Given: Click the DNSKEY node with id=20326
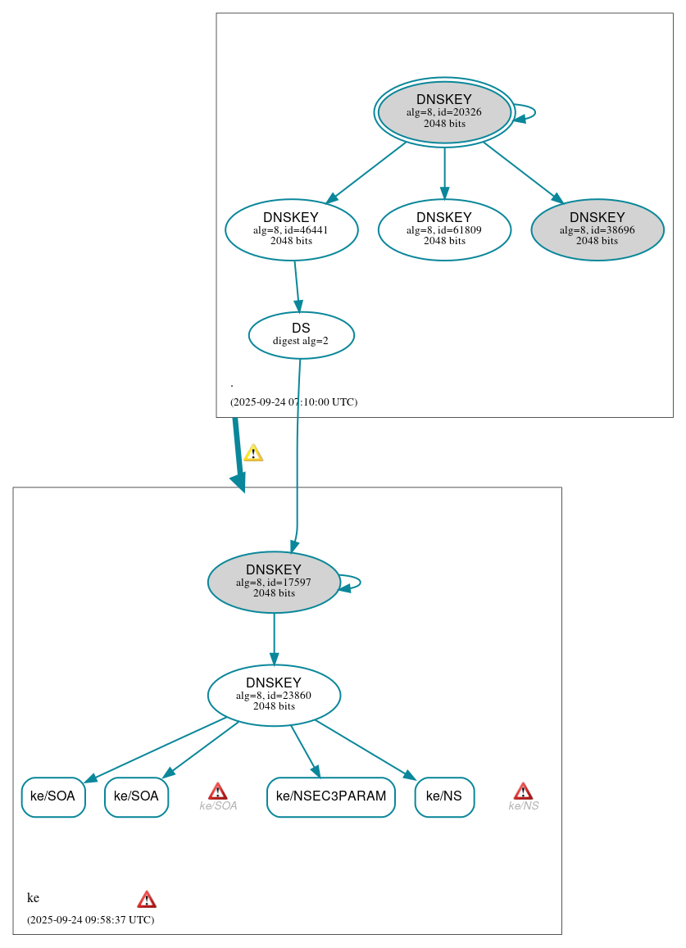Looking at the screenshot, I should click(x=444, y=112).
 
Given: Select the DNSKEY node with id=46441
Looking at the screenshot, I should click(x=291, y=229).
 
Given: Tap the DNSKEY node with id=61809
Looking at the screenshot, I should click(x=444, y=229).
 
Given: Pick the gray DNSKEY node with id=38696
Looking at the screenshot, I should click(x=597, y=229).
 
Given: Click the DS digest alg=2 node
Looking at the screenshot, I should click(x=301, y=334).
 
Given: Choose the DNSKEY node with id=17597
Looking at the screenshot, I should click(x=274, y=582).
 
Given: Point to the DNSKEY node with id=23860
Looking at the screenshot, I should click(x=274, y=695).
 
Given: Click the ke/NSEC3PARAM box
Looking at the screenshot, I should click(x=331, y=796).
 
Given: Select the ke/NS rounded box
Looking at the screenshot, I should click(x=444, y=796).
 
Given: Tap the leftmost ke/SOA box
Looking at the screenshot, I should click(x=53, y=796).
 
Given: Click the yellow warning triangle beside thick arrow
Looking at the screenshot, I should click(x=253, y=453).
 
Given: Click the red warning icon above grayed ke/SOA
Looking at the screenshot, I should click(x=218, y=791).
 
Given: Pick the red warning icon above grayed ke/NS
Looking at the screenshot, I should click(x=523, y=791).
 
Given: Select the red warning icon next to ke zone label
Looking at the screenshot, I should click(x=147, y=899).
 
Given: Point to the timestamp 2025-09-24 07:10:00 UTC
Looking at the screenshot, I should click(x=293, y=402).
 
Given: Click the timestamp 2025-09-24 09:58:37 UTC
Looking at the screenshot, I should click(x=90, y=919).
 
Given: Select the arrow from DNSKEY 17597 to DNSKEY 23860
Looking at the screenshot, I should click(x=274, y=638).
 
